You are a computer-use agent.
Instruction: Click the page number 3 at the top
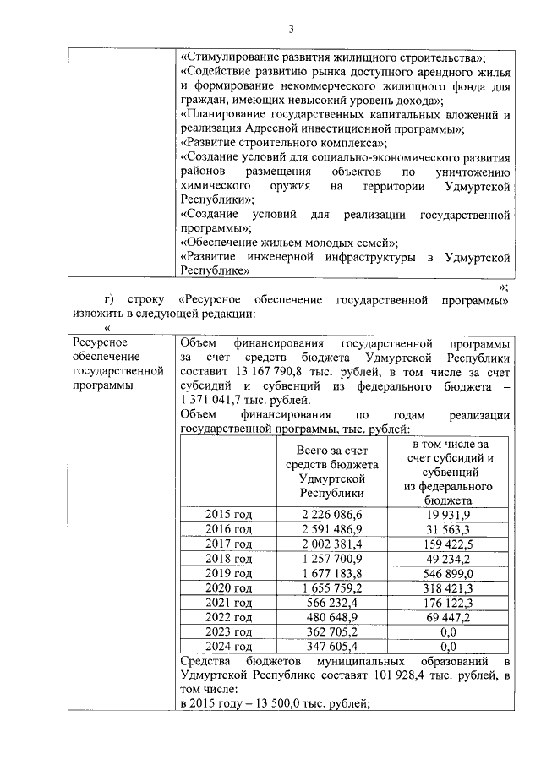click(290, 29)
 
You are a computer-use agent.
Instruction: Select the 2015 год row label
click(229, 515)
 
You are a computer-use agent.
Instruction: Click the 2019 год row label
click(229, 572)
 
